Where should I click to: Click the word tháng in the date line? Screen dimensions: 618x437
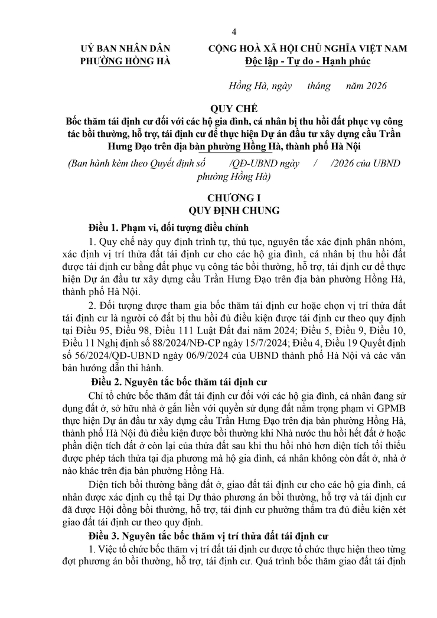pyautogui.click(x=319, y=86)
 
